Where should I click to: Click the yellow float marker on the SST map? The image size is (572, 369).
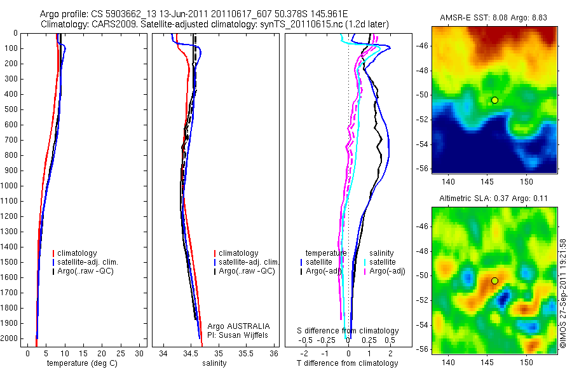click(x=494, y=100)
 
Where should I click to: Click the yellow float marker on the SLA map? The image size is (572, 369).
click(x=494, y=281)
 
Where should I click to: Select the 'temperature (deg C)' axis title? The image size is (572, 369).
click(x=79, y=363)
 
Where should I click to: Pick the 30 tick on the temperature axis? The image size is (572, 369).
click(x=139, y=353)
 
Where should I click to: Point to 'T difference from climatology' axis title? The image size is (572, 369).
click(x=348, y=363)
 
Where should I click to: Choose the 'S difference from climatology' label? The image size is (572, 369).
click(x=348, y=331)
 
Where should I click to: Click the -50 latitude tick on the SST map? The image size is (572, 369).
click(x=421, y=95)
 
